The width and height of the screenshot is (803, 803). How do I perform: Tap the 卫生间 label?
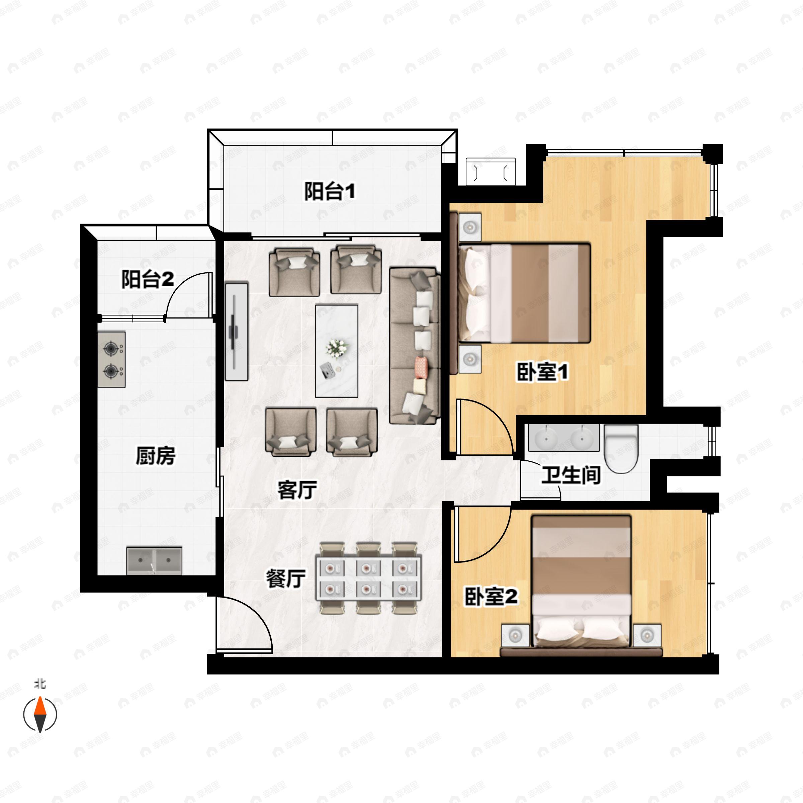[571, 475]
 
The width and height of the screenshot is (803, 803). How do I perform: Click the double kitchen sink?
[154, 560]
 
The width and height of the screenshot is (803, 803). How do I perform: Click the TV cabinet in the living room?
[237, 332]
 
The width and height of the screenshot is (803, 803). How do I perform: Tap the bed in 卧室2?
[582, 582]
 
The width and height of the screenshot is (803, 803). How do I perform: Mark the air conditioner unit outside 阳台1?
[490, 171]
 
